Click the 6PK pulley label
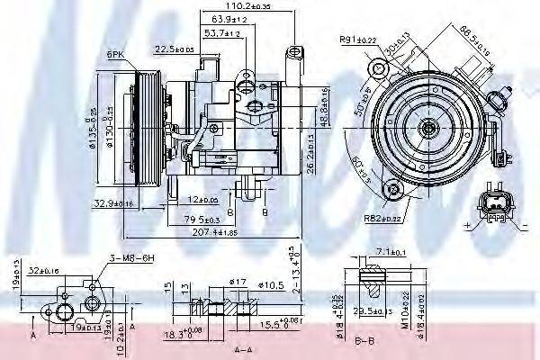point(115,55)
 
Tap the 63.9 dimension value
point(230,18)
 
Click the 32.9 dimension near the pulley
point(112,204)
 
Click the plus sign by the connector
point(469,222)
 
